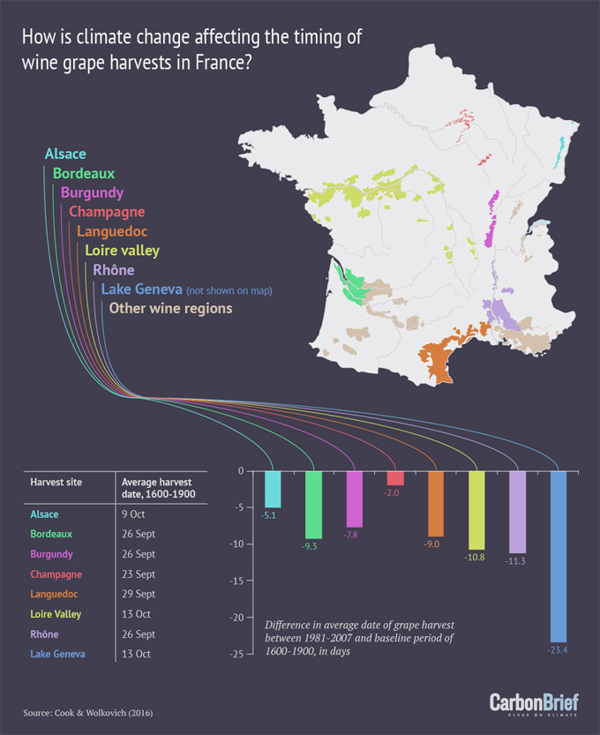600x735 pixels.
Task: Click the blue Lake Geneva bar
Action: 559,556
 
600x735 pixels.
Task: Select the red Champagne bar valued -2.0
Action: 395,477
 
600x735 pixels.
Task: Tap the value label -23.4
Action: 559,650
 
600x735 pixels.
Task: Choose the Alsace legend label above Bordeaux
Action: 65,154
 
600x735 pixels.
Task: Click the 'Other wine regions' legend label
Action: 170,309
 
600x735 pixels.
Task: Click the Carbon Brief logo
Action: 536,703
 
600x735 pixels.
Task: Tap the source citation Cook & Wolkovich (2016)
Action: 81,712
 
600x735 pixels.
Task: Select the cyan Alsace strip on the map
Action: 559,150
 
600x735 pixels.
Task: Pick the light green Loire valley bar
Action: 476,510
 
